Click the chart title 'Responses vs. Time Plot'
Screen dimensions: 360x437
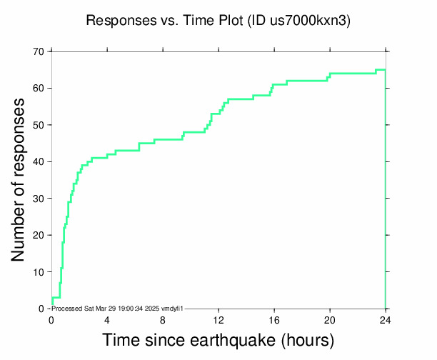(x=164, y=21)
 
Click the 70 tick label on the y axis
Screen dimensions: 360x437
(x=37, y=52)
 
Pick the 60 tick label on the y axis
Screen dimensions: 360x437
(x=37, y=89)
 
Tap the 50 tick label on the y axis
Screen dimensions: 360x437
(x=37, y=126)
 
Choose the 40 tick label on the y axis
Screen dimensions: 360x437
(x=37, y=162)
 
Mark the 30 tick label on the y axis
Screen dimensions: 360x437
(x=37, y=199)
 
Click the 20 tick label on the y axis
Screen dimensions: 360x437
(x=37, y=236)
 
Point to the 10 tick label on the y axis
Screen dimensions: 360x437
(x=37, y=272)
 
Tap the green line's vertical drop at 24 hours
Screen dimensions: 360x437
(x=386, y=193)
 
